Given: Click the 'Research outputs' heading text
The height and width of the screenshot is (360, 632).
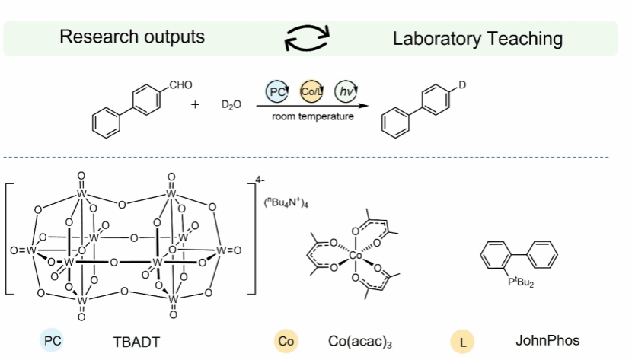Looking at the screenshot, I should tap(132, 37).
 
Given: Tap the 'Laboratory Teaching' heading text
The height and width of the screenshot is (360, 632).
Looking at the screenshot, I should tap(477, 39).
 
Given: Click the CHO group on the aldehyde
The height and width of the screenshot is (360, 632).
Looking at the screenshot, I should tap(180, 84).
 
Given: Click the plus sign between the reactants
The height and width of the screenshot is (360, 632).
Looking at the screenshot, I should tap(195, 104).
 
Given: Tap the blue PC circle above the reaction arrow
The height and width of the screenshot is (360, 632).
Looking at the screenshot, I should tap(277, 92).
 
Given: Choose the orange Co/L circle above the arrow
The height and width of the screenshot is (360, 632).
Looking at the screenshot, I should tap(312, 92).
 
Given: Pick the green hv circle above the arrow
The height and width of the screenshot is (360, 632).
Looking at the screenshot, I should tap(347, 92).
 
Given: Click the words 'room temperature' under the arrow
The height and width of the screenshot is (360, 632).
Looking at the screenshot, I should tap(312, 116).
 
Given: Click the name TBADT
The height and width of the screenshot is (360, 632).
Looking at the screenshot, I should tap(137, 342).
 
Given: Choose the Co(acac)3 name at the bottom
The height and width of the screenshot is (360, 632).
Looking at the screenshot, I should tap(360, 342).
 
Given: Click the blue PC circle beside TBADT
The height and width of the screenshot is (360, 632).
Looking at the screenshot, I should tap(53, 342).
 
